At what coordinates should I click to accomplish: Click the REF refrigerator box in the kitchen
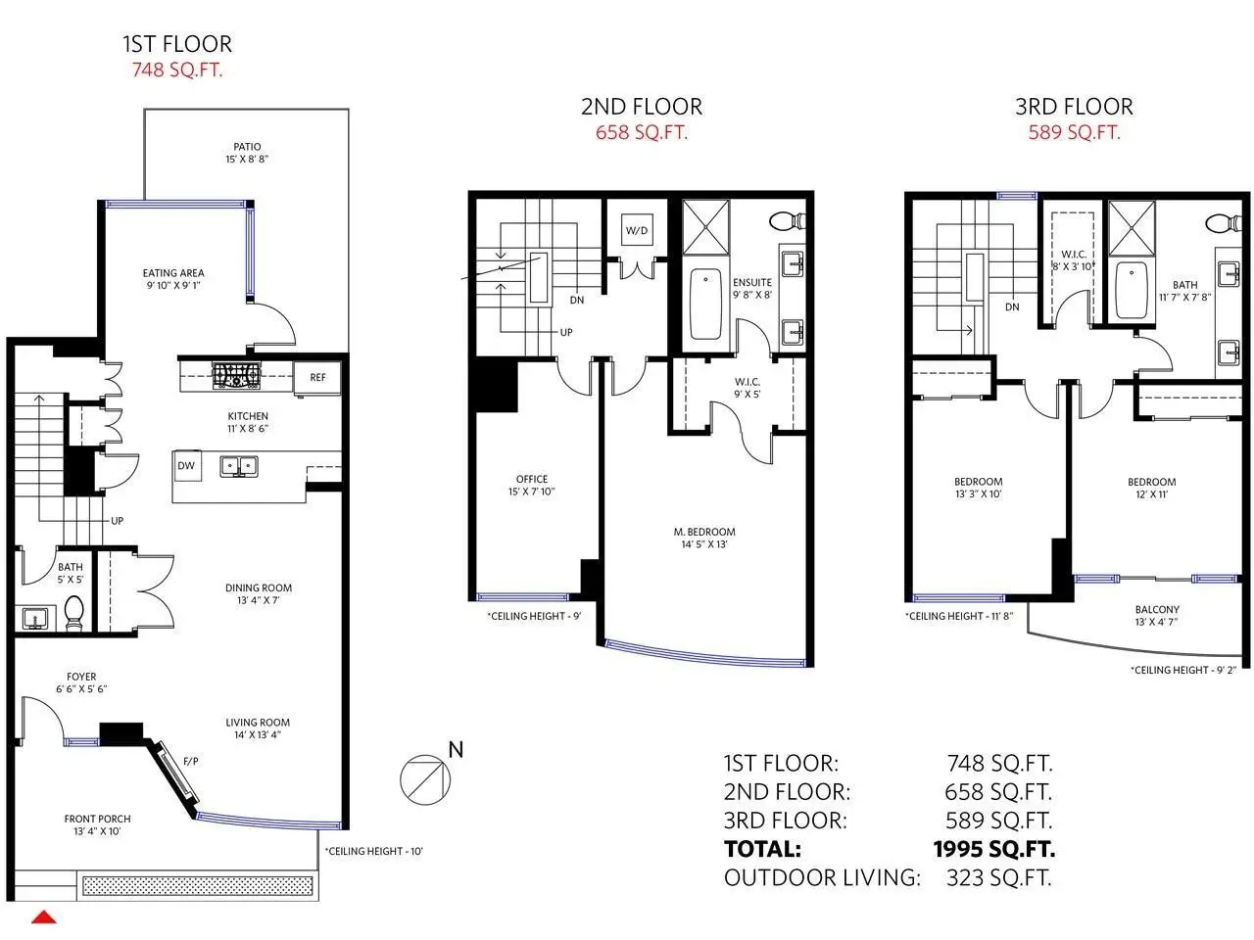tap(317, 377)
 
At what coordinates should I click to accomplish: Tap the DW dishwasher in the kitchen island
tap(187, 466)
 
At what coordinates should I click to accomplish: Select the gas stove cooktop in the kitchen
tap(236, 376)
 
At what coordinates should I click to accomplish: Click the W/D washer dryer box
tap(637, 230)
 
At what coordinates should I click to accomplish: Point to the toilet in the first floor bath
tap(73, 613)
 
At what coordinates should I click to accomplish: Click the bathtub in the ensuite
tap(705, 305)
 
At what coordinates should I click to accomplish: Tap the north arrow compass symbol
tap(425, 778)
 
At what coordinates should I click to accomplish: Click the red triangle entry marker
tap(44, 917)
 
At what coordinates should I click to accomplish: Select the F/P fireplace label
tap(191, 761)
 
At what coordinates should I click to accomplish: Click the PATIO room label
tap(247, 147)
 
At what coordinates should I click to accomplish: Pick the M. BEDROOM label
tap(704, 532)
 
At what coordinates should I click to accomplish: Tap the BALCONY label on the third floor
tap(1157, 610)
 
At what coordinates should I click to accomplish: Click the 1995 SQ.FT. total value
tap(994, 849)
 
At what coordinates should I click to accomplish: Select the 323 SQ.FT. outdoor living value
tap(998, 877)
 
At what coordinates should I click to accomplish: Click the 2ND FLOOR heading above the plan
tap(642, 107)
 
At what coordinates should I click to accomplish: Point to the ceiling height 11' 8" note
tap(959, 617)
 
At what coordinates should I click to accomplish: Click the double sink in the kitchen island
tap(239, 466)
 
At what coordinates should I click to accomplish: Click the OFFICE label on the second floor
tap(532, 480)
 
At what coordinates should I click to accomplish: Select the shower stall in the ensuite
tap(706, 227)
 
